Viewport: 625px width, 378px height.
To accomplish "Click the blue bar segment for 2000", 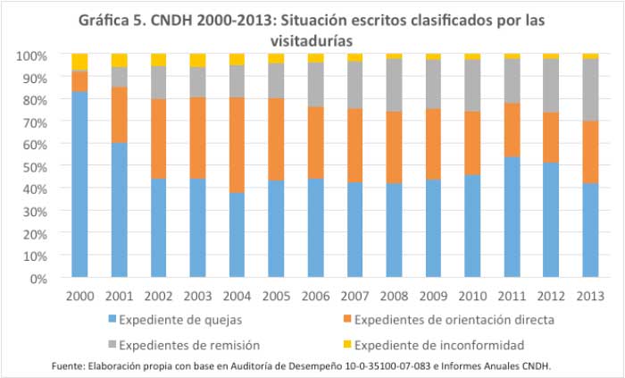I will [x=79, y=184].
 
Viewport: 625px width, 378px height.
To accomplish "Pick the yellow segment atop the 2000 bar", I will [x=79, y=62].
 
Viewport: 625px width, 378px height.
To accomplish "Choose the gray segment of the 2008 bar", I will [x=393, y=85].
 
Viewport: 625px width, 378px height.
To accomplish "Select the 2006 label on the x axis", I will [x=314, y=295].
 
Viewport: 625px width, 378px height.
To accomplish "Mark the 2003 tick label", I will [x=197, y=295].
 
